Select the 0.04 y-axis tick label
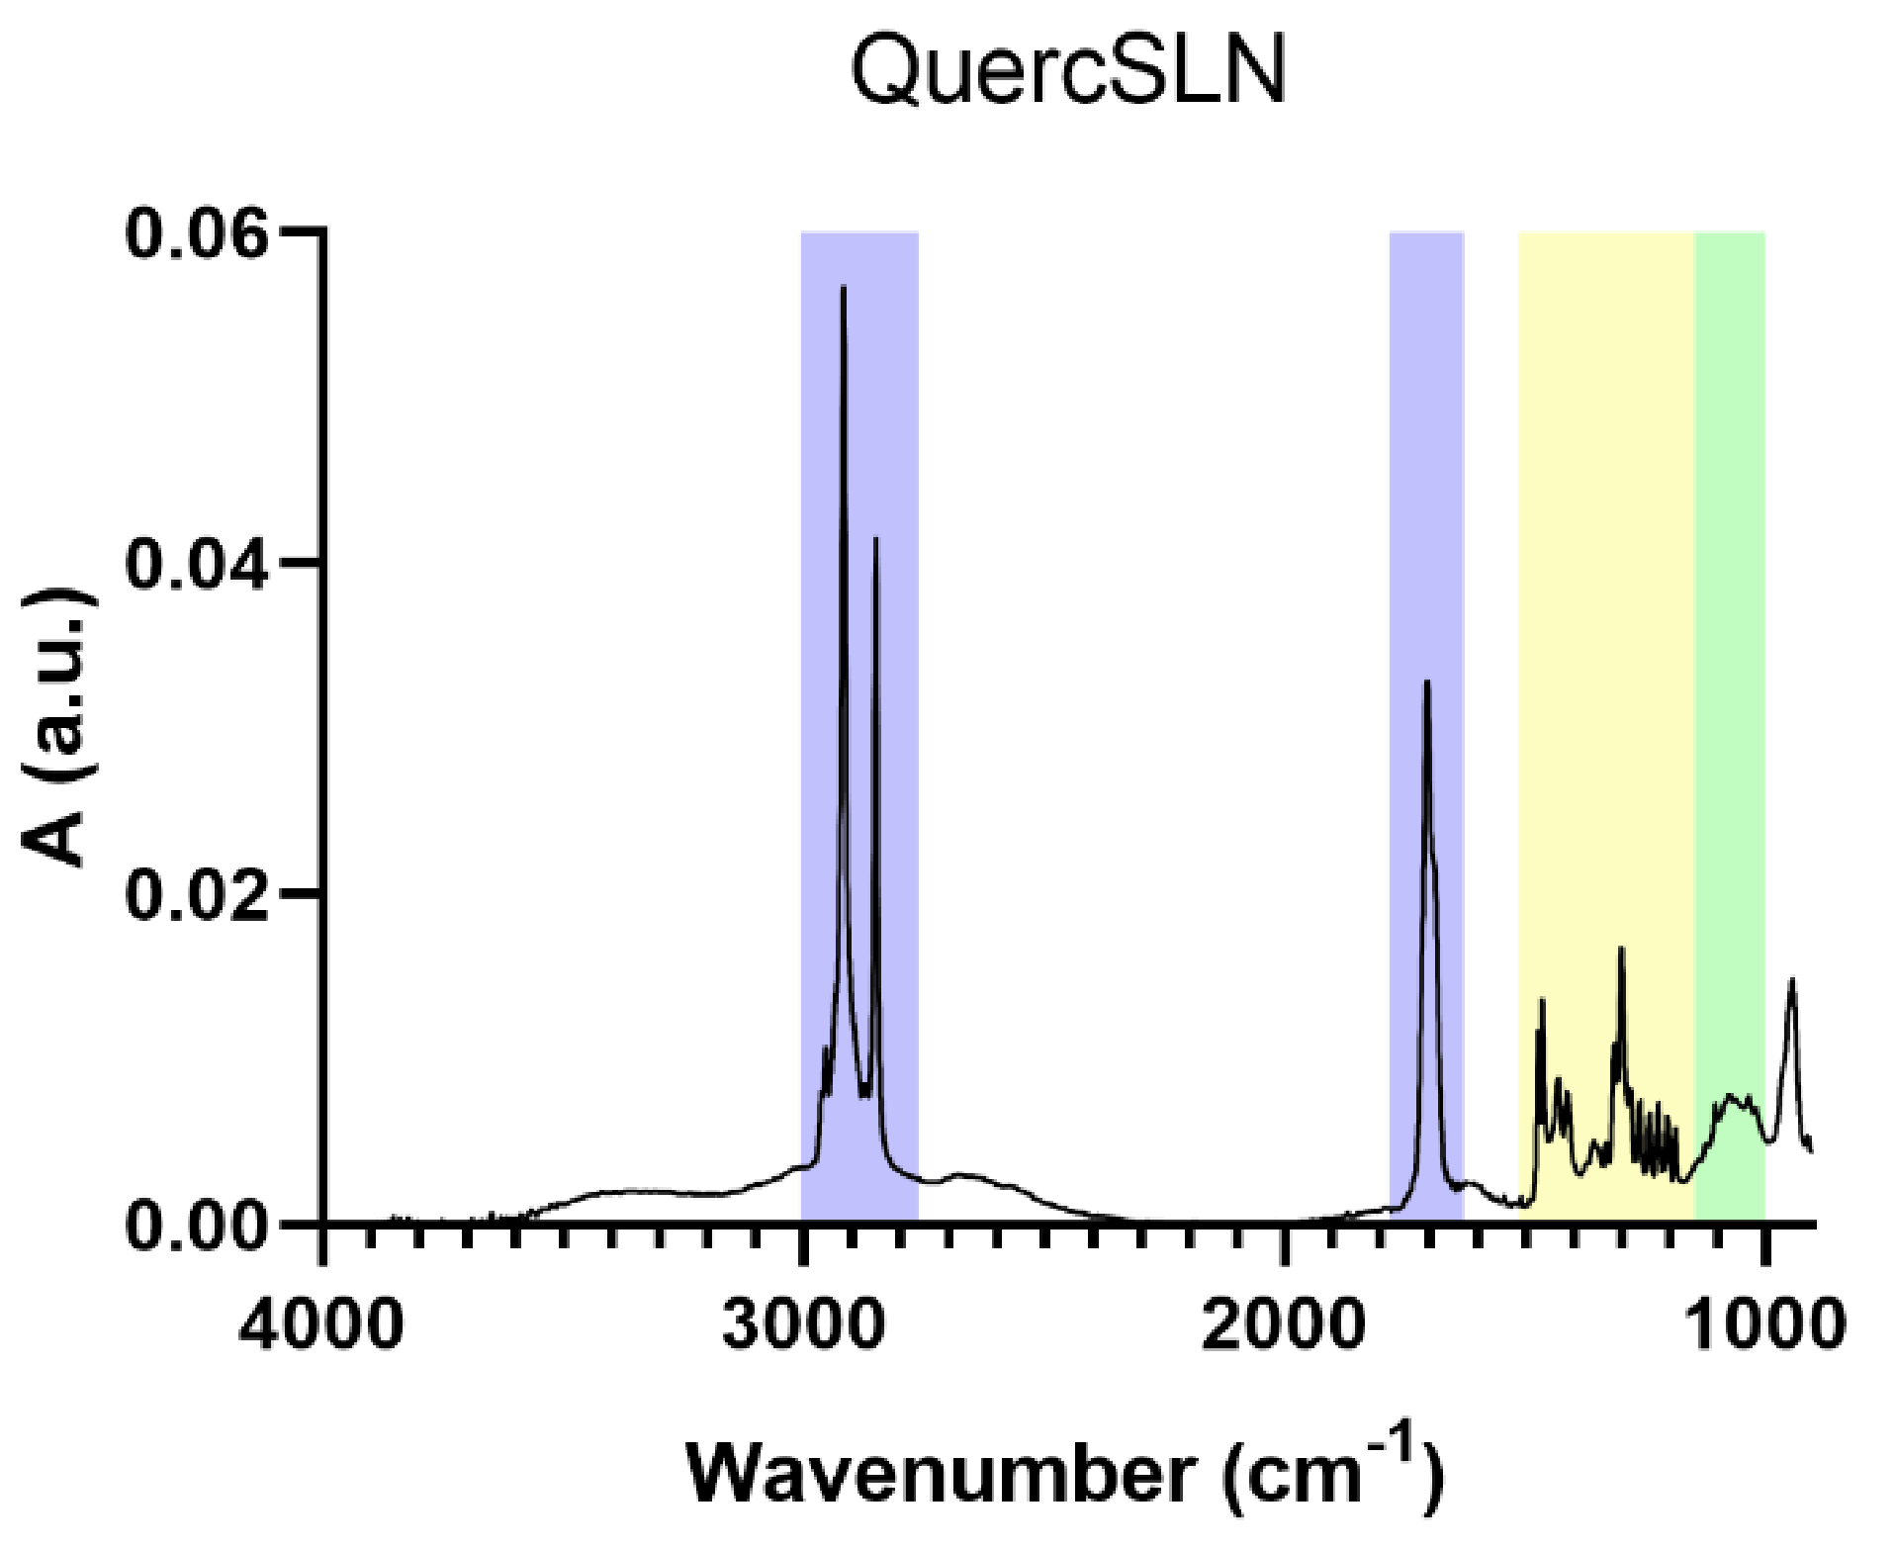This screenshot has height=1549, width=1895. (198, 566)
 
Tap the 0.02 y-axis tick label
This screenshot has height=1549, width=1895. (198, 896)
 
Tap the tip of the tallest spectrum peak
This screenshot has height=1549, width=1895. (844, 288)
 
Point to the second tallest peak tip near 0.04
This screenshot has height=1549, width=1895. (875, 540)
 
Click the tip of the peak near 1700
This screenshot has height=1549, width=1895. (1426, 683)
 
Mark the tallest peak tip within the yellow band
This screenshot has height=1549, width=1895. (1621, 950)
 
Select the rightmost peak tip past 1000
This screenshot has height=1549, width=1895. (1791, 980)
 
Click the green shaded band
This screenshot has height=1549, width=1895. (1730, 593)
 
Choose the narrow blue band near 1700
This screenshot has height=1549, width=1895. (1426, 445)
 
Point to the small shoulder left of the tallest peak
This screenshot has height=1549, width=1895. (825, 1048)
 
